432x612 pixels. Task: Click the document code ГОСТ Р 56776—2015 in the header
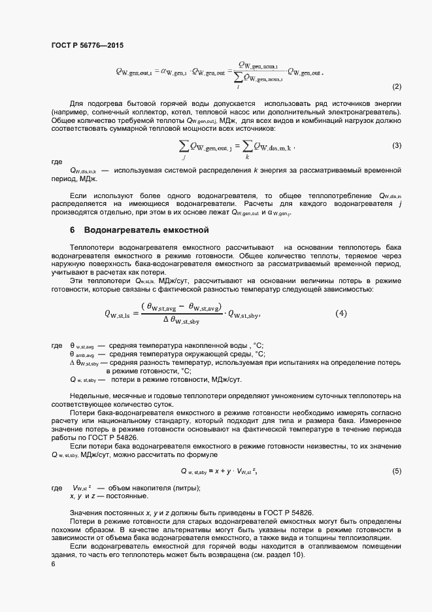click(87, 46)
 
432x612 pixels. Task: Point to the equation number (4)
click(341, 313)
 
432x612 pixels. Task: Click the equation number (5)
click(396, 471)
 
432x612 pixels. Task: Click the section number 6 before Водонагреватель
click(73, 230)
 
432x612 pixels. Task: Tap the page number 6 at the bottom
click(53, 564)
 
